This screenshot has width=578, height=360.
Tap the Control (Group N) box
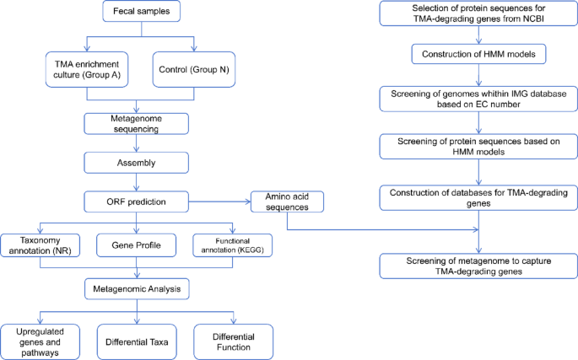tap(193, 68)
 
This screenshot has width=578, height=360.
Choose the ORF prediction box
tap(136, 202)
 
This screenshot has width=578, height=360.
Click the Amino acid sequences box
tap(286, 202)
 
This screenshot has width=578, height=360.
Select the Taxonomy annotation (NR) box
tap(40, 244)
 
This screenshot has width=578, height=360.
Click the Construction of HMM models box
tap(478, 55)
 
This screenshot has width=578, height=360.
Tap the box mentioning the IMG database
tap(478, 99)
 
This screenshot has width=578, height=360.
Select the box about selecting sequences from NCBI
tap(478, 13)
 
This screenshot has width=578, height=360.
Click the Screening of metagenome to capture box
tap(478, 266)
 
